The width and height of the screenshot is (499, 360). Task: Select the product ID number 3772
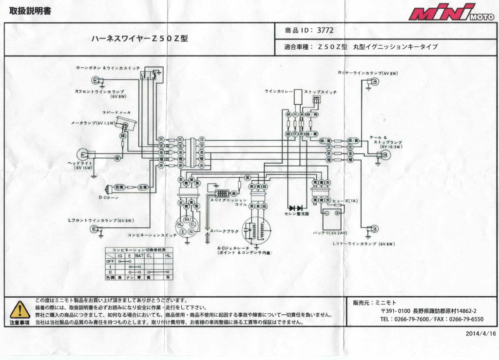coord(325,30)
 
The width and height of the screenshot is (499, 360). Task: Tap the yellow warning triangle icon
coord(20,310)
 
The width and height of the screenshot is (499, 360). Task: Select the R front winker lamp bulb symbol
coord(95,81)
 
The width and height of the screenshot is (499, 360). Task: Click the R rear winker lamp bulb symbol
coord(375,81)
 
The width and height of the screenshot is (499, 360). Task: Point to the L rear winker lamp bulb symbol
coord(374,228)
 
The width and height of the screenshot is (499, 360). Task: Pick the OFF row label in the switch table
coord(110,261)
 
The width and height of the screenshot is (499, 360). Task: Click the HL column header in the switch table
coord(168,255)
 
